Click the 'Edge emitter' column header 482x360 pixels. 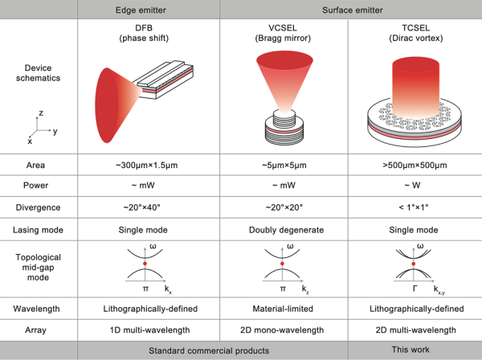(x=150, y=9)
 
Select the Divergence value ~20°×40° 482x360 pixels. (x=150, y=207)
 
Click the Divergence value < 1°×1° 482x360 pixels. (x=414, y=207)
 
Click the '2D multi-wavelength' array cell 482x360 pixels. (x=414, y=329)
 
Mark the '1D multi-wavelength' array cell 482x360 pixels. (x=150, y=329)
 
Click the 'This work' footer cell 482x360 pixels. (x=414, y=350)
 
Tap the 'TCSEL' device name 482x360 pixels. (x=414, y=28)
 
